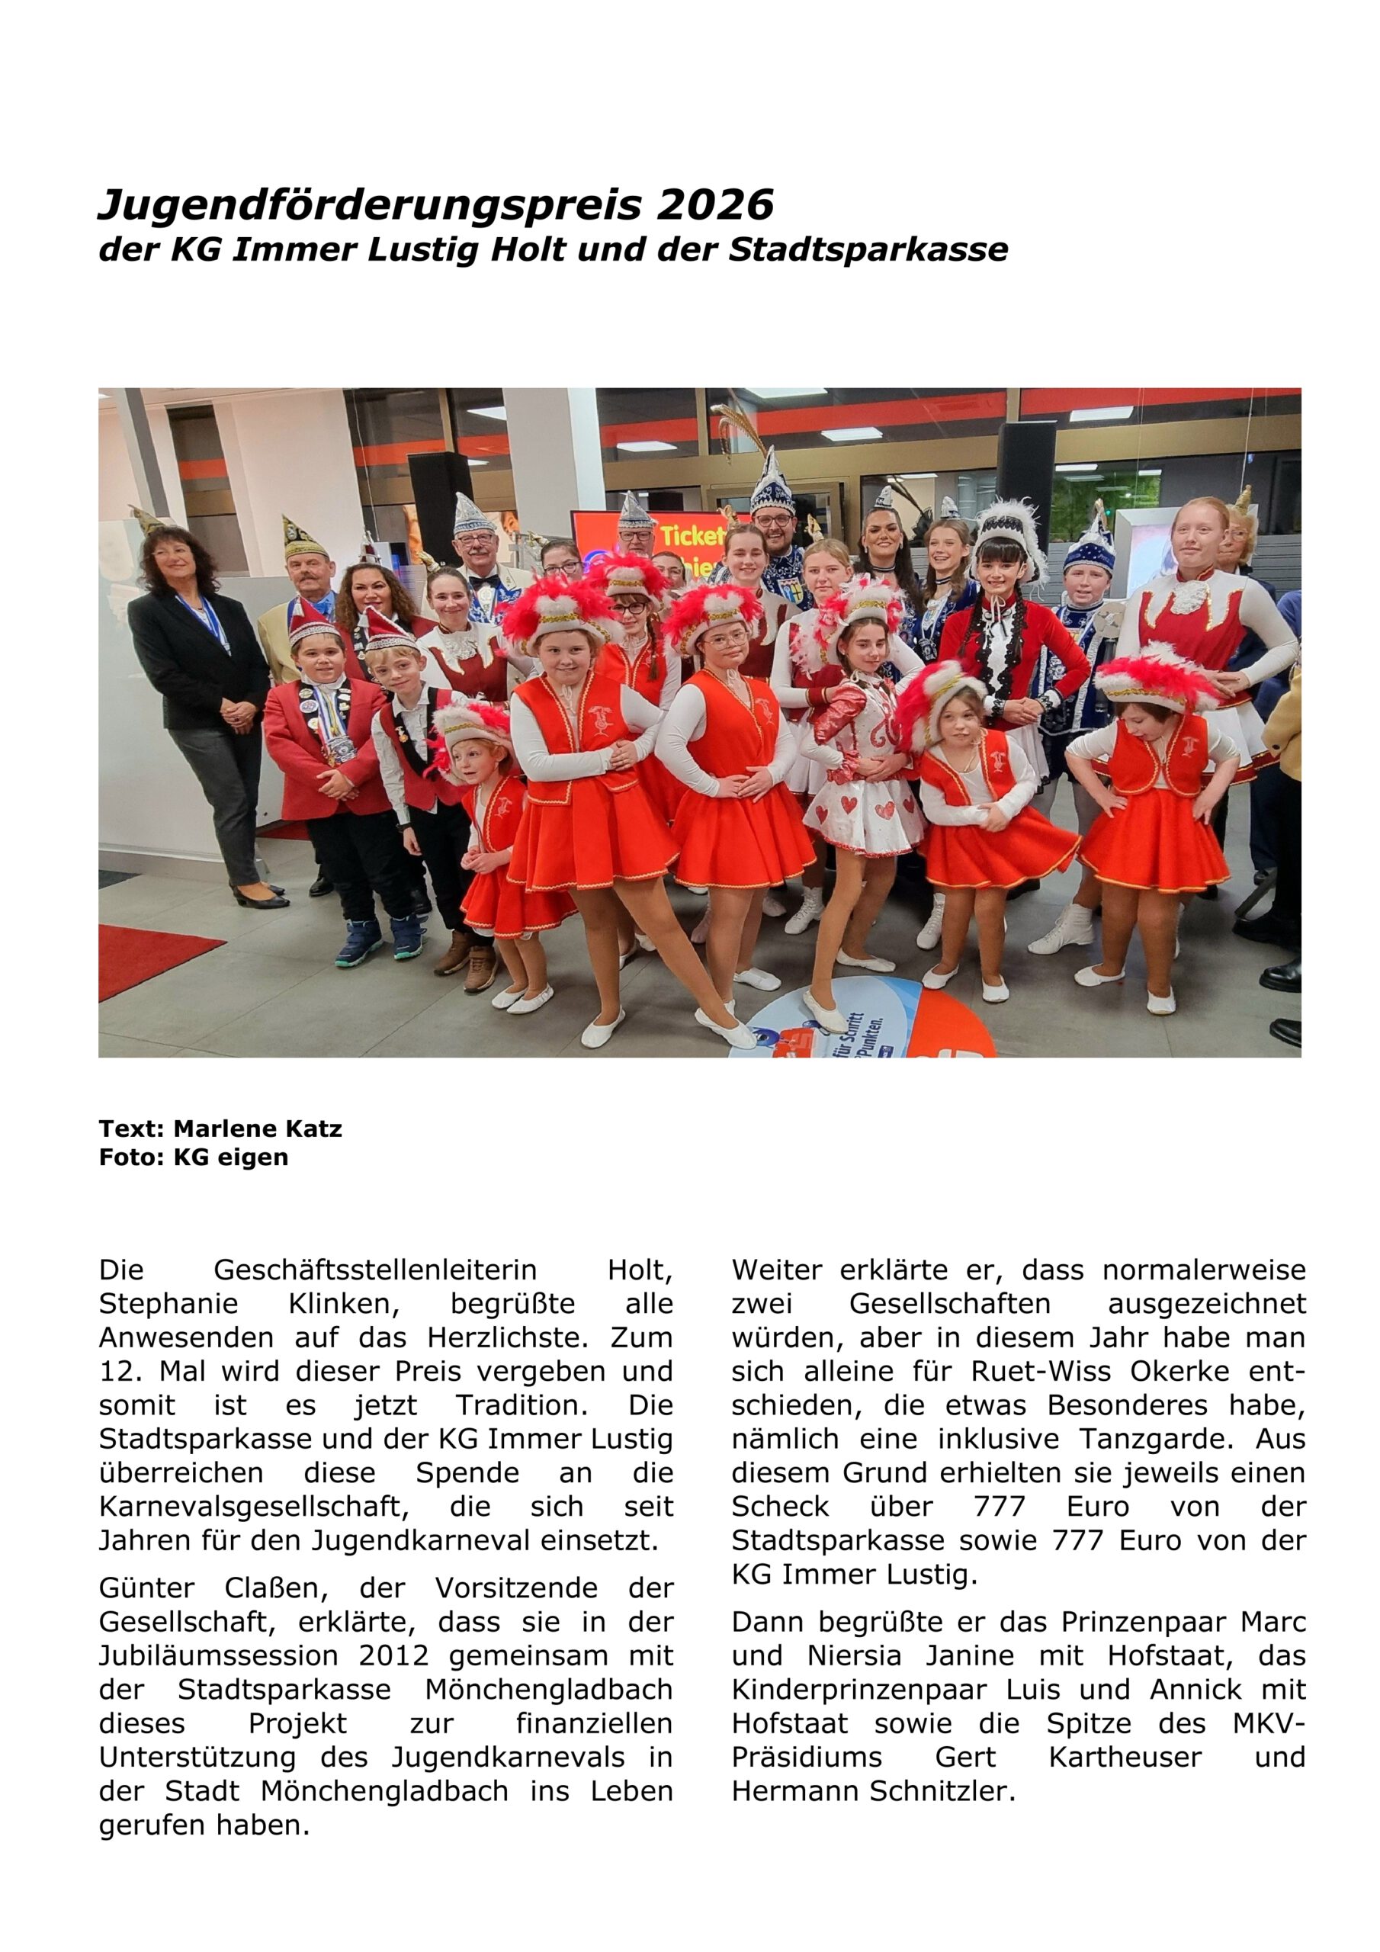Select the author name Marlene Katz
tap(258, 1129)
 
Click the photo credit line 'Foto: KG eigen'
tap(194, 1157)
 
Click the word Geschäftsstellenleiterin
tap(375, 1270)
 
